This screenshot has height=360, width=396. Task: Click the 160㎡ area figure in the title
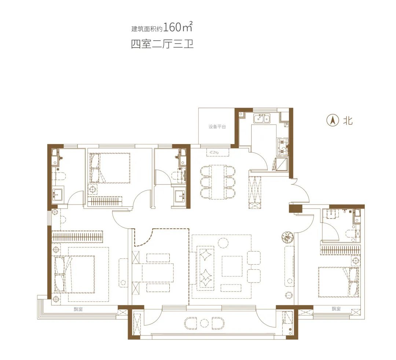(x=178, y=27)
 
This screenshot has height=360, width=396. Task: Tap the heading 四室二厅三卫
(x=162, y=44)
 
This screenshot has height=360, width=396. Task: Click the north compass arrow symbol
(x=333, y=121)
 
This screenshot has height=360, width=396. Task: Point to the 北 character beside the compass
(x=348, y=121)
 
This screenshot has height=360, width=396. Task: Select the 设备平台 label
(x=217, y=126)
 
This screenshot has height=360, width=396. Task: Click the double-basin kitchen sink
(x=262, y=118)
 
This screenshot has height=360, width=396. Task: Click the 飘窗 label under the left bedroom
(x=78, y=309)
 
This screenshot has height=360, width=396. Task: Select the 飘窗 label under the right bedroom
(x=336, y=309)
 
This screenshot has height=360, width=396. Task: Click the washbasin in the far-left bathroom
(x=58, y=194)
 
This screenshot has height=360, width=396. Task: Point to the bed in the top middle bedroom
(x=110, y=168)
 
